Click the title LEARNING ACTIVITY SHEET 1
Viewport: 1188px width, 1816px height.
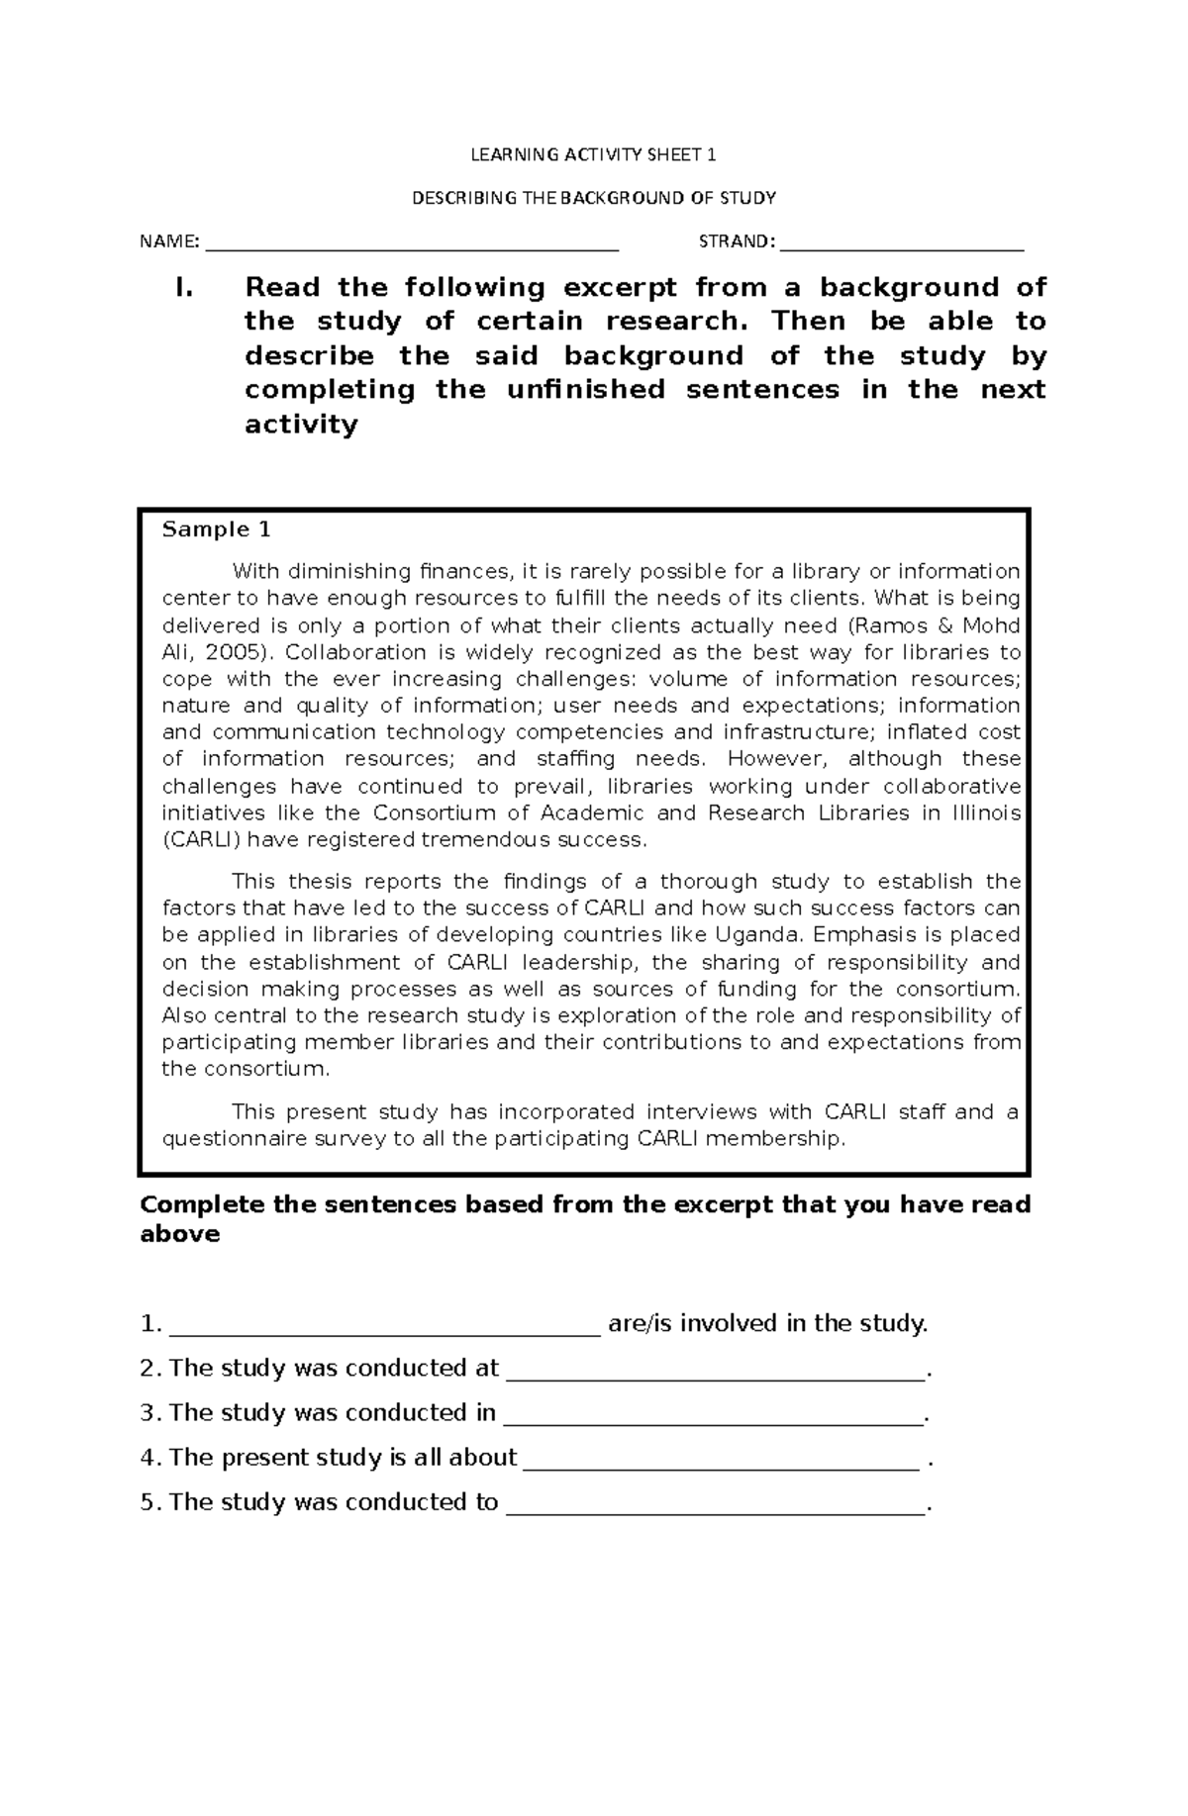tap(593, 154)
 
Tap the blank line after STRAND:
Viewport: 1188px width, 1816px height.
tap(902, 244)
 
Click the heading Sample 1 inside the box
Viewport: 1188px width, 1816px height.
tap(216, 529)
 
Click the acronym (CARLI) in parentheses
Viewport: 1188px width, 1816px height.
tap(202, 840)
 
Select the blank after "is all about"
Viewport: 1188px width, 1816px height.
tap(722, 1461)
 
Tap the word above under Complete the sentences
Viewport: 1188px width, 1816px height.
tap(179, 1235)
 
